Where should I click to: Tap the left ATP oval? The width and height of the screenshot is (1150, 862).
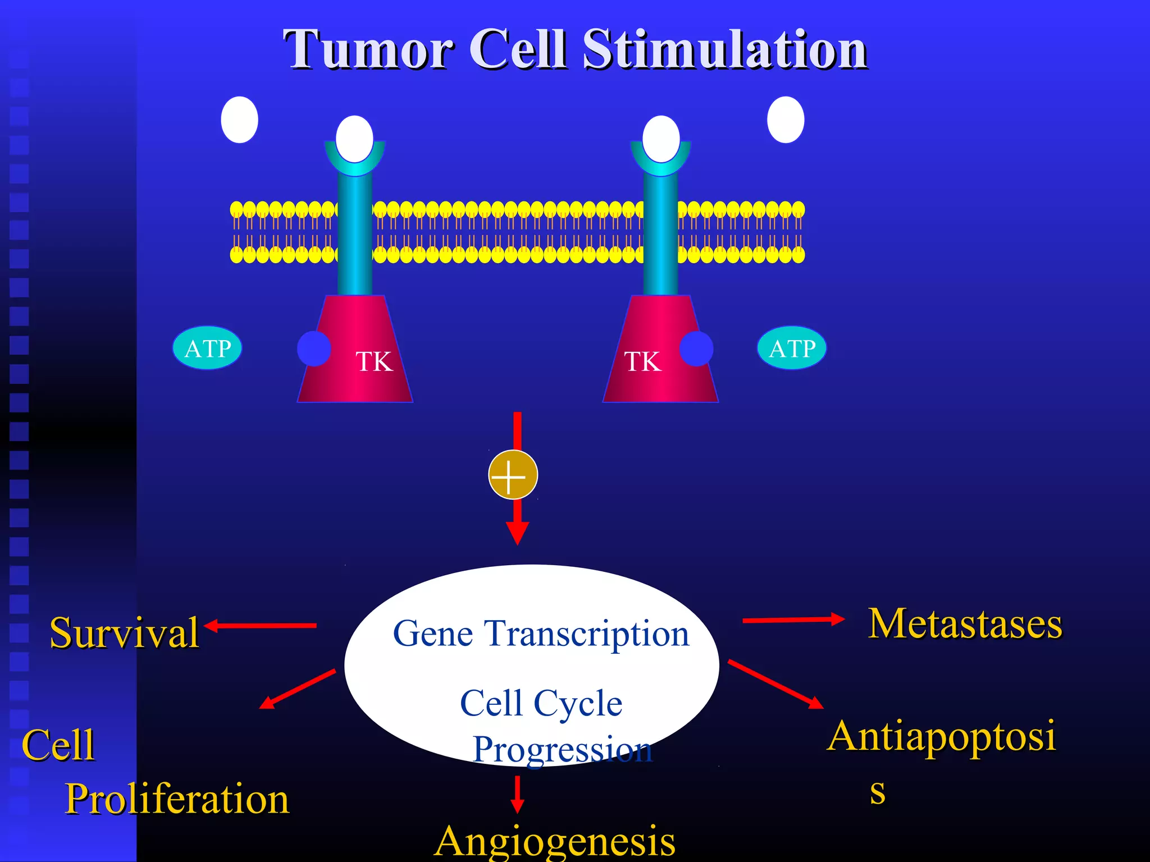207,348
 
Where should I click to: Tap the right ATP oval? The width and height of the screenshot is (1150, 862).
792,348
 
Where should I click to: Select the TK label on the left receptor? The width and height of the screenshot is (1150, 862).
374,361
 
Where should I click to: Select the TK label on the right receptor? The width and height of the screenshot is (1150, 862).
642,361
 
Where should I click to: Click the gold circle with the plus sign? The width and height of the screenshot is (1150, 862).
513,475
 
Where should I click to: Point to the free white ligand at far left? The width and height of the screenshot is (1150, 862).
239,120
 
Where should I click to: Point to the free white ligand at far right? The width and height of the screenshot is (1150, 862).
786,120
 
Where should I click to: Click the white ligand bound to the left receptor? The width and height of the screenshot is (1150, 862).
354,139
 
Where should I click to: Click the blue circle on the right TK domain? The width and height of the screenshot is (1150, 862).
696,349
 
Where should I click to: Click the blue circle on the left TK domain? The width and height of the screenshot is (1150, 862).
314,349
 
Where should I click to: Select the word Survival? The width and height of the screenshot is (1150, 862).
124,633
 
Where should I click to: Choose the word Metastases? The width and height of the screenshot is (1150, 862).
965,623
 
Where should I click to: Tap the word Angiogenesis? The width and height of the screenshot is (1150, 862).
555,841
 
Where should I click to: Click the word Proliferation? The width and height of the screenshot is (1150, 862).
177,799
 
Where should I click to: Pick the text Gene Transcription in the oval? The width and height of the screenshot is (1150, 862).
541,634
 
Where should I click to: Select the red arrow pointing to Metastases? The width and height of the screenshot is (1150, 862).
793,620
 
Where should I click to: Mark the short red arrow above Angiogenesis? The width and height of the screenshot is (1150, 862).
517,794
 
